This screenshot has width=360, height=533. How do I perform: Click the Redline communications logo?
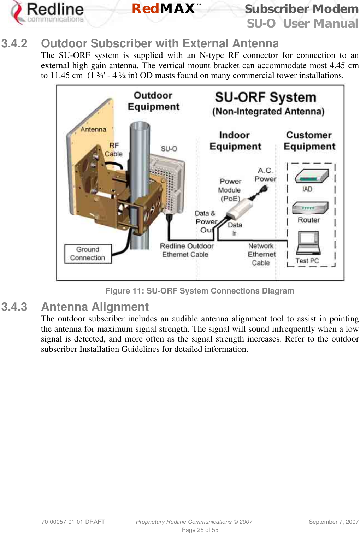(x=48, y=13)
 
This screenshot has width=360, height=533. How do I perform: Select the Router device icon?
(x=310, y=208)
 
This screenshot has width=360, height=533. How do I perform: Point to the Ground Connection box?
(x=88, y=254)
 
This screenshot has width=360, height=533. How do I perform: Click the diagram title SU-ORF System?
(x=265, y=97)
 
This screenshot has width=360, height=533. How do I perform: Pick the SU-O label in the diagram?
(x=169, y=149)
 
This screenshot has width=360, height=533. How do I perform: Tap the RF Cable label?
(x=114, y=150)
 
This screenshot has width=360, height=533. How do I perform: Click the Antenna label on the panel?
(x=93, y=129)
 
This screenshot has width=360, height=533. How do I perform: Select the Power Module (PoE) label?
(x=230, y=190)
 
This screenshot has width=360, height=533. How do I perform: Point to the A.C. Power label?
(x=265, y=175)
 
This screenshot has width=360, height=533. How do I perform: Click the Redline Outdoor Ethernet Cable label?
(x=187, y=250)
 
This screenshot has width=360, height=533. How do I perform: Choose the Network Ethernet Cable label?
(x=261, y=254)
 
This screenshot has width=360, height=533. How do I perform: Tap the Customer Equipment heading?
(x=309, y=141)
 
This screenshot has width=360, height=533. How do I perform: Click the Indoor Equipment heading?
(x=235, y=141)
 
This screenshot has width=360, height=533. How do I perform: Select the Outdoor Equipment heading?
(x=153, y=101)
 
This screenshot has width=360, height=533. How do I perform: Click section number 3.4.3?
(x=14, y=307)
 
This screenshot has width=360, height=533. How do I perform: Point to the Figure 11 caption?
(x=200, y=291)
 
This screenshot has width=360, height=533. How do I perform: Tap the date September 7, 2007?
(x=334, y=522)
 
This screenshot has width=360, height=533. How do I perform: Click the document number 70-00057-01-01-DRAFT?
(x=73, y=522)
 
